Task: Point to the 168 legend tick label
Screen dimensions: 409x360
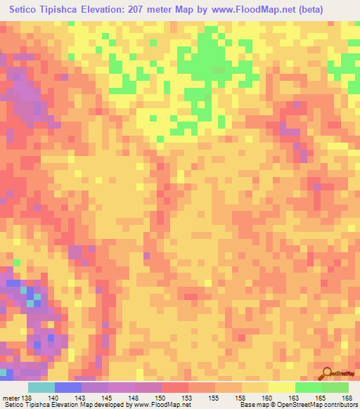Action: (x=347, y=398)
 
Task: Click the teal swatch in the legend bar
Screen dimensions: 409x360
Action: (x=41, y=387)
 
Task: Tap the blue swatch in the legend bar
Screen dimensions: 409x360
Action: (x=68, y=387)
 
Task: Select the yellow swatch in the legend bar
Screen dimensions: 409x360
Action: (x=282, y=387)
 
